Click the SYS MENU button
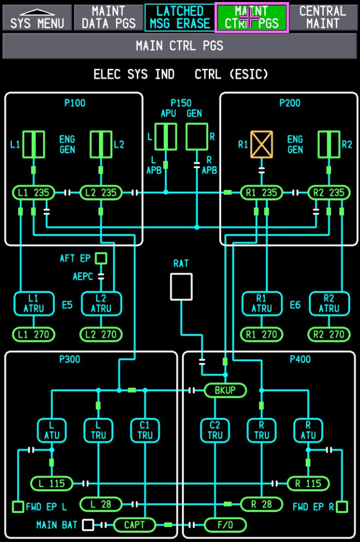click(37, 17)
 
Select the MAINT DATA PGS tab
click(108, 17)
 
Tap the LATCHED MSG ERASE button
click(180, 17)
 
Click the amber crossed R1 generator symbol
click(262, 145)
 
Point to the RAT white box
click(181, 287)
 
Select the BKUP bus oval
click(225, 390)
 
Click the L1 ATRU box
click(33, 303)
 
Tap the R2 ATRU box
click(329, 303)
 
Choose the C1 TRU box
click(145, 430)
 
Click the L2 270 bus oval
click(101, 334)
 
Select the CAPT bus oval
click(134, 524)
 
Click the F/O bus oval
click(225, 524)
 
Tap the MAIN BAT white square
click(88, 525)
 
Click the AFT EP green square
click(101, 259)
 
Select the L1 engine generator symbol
click(33, 144)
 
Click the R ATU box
click(307, 430)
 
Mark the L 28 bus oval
click(101, 504)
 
